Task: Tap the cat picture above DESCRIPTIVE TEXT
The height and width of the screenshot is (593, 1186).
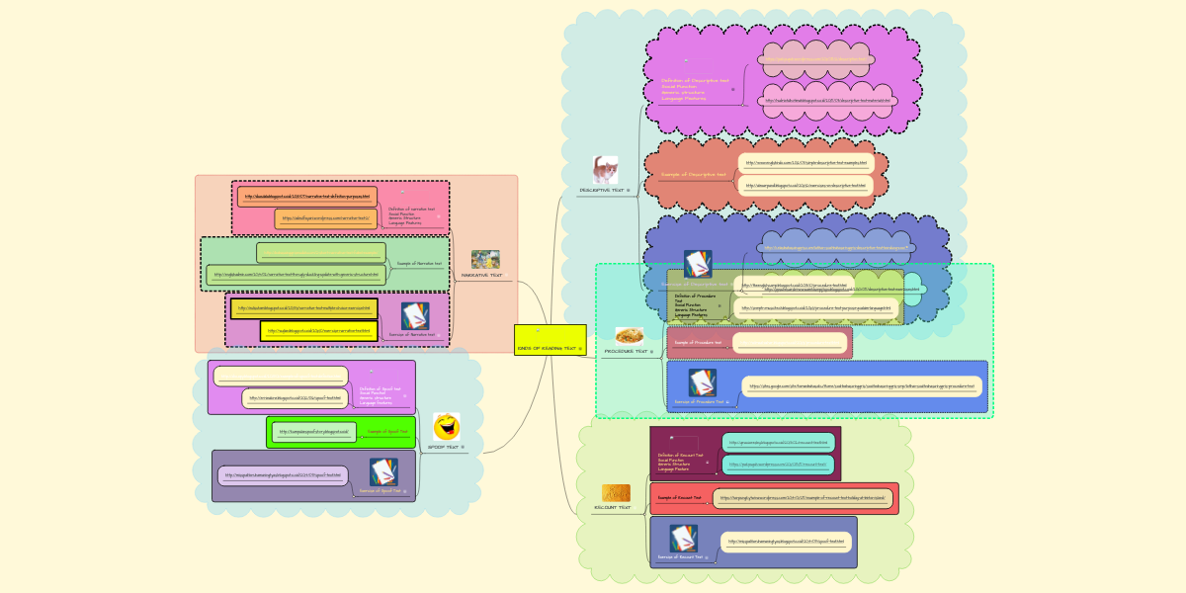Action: [x=605, y=168]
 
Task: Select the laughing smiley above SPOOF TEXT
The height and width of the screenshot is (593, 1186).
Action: [x=447, y=427]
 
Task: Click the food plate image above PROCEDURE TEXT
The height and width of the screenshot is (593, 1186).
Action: [x=630, y=336]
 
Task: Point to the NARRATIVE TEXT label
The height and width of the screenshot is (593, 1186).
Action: [x=482, y=275]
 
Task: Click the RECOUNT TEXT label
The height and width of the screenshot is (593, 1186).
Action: [x=612, y=507]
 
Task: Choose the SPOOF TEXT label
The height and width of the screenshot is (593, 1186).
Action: [x=444, y=448]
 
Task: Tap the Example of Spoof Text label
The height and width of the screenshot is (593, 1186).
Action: [x=387, y=432]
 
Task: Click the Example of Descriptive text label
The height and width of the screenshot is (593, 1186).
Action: [x=693, y=175]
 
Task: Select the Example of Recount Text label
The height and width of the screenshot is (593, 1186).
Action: [x=680, y=498]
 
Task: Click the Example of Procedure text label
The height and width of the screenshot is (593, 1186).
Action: [x=697, y=343]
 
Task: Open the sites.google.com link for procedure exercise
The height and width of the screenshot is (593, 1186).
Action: [x=861, y=386]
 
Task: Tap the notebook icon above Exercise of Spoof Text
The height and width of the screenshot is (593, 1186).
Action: [x=383, y=471]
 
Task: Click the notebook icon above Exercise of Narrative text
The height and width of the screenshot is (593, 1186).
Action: [x=415, y=316]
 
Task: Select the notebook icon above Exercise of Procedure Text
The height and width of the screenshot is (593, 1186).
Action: [x=702, y=382]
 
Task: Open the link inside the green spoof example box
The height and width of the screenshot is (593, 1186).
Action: [x=311, y=432]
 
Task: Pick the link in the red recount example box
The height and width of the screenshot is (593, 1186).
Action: [x=802, y=498]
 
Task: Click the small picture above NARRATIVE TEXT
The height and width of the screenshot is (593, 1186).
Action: [x=484, y=259]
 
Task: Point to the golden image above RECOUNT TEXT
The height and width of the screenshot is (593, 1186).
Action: [x=617, y=492]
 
